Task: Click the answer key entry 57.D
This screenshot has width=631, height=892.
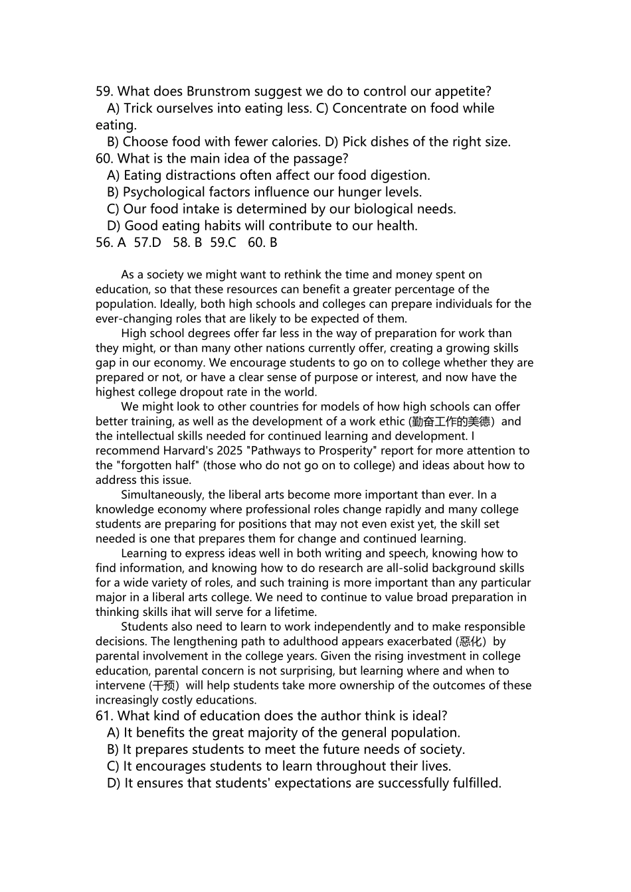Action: (x=147, y=243)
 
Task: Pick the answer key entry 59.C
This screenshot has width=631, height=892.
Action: (x=223, y=243)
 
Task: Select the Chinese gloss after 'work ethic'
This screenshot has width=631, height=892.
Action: (x=451, y=421)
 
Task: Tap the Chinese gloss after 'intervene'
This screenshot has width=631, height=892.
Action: (x=165, y=686)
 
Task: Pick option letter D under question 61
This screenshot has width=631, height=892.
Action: (x=113, y=783)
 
